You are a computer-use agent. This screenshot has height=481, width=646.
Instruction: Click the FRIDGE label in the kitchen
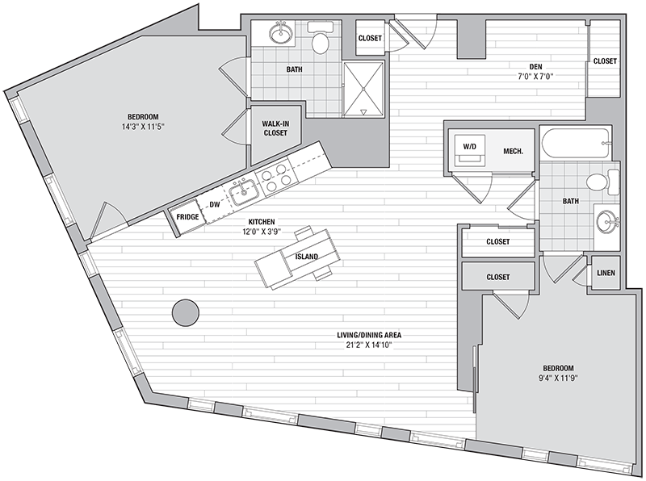(187, 216)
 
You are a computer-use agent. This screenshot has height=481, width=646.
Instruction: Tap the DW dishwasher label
(215, 204)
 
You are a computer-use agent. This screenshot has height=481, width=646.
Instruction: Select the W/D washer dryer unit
(469, 149)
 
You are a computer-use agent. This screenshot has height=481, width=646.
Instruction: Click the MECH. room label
(514, 151)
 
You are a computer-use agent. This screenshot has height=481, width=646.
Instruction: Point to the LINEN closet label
(606, 273)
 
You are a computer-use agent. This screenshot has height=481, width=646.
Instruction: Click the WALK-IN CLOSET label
(275, 128)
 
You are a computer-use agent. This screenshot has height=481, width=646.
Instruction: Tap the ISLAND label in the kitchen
(307, 257)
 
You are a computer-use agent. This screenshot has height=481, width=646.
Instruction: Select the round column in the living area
(186, 312)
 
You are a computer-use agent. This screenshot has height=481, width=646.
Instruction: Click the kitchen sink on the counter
(244, 193)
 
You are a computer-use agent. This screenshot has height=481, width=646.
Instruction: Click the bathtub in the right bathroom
(575, 144)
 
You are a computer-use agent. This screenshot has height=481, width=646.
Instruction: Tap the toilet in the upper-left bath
(320, 38)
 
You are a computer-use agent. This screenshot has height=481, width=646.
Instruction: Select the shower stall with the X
(363, 89)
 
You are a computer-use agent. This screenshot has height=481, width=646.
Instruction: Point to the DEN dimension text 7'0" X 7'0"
(535, 76)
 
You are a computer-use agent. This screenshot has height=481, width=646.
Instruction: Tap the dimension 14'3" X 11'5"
(143, 127)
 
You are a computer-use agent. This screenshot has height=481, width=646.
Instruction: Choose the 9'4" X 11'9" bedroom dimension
(558, 378)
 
